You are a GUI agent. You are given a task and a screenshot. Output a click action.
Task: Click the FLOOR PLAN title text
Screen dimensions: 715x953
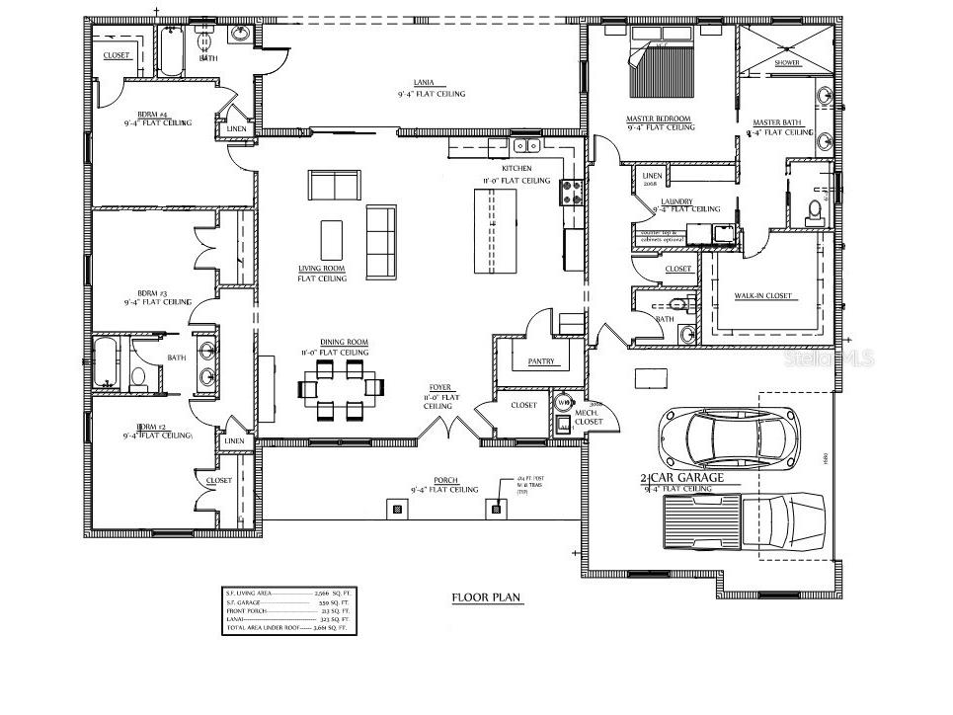click(486, 597)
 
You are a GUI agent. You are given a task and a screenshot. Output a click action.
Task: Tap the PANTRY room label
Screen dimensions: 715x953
click(542, 362)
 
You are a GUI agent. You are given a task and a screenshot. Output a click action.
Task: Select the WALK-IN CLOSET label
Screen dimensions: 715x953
click(762, 296)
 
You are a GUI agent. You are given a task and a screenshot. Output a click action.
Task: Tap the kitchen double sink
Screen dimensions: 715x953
click(527, 146)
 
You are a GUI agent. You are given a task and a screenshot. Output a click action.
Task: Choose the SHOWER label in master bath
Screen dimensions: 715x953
click(787, 62)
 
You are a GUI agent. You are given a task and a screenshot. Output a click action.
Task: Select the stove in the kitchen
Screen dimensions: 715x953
click(571, 191)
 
